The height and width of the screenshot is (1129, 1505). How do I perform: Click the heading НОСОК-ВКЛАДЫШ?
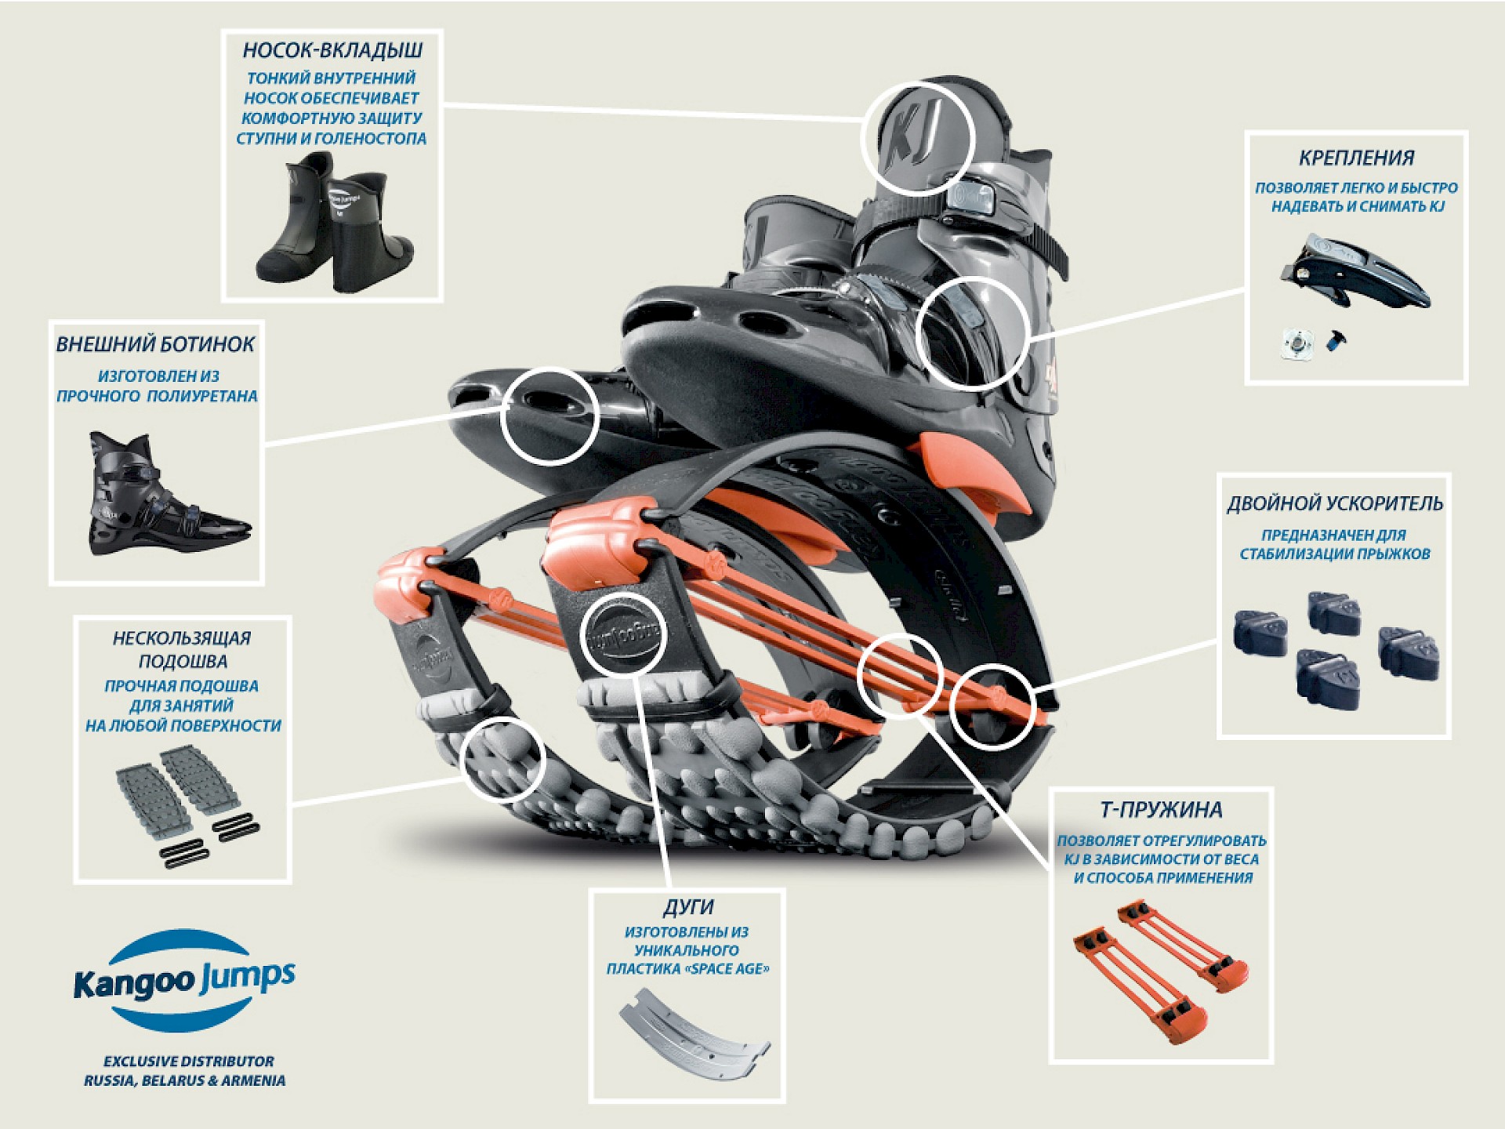click(x=332, y=51)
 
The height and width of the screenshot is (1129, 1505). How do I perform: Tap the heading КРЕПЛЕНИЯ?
click(x=1356, y=158)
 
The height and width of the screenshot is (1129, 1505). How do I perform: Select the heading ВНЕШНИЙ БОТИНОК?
click(x=155, y=345)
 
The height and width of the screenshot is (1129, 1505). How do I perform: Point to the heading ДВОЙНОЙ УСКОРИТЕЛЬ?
click(x=1334, y=504)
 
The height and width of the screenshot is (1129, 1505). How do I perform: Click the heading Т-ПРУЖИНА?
click(x=1161, y=810)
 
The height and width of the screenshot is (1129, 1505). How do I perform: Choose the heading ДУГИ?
click(x=687, y=908)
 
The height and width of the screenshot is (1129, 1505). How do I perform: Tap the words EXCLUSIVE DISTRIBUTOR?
click(x=189, y=1062)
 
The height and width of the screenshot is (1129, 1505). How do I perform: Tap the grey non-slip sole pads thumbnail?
click(x=185, y=800)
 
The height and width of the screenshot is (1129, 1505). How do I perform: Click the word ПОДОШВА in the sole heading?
click(x=182, y=662)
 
